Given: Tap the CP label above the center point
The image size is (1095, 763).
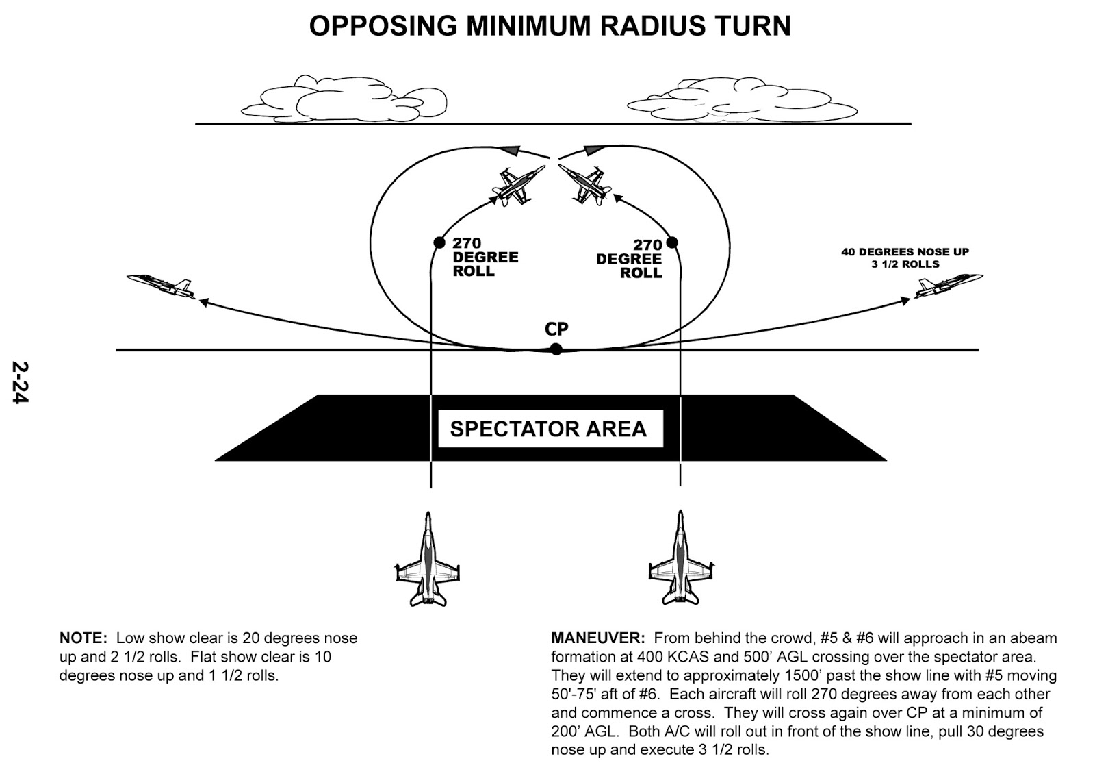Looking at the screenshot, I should tap(556, 329).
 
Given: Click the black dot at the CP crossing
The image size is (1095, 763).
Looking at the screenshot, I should tap(556, 349).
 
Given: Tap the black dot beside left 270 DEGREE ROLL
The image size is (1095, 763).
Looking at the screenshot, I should tap(439, 242).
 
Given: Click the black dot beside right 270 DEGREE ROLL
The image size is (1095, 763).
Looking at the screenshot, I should tap(672, 242).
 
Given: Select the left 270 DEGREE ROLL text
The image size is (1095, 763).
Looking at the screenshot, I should tap(485, 257).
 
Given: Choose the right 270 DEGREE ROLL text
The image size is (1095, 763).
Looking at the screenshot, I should tap(630, 259).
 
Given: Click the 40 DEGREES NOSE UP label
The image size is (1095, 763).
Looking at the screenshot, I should tap(905, 252).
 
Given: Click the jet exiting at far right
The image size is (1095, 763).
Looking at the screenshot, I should tap(949, 284).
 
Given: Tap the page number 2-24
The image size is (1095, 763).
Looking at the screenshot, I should tap(20, 382).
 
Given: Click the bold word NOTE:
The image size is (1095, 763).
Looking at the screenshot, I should tap(83, 638).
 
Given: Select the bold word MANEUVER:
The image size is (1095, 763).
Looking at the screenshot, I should tap(597, 638).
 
